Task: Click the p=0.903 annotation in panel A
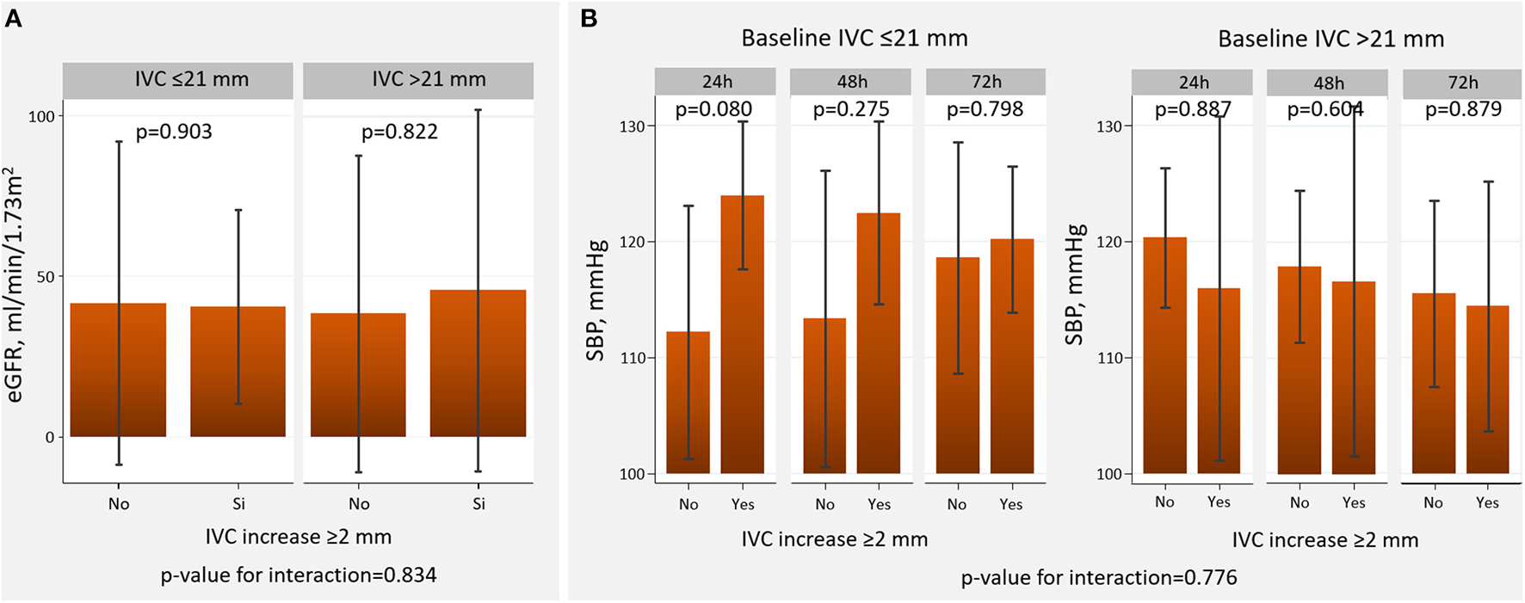click(174, 132)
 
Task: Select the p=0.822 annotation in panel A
click(399, 132)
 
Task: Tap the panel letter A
click(14, 19)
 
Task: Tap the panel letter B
click(589, 18)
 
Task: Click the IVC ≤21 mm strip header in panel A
click(178, 80)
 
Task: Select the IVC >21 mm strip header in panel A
click(418, 80)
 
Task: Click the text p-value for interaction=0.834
click(299, 575)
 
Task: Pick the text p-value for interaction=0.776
click(1099, 577)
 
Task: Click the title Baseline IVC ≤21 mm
click(855, 39)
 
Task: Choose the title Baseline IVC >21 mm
click(1331, 39)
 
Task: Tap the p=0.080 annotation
click(713, 109)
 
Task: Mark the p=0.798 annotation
click(985, 109)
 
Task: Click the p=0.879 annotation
click(1463, 109)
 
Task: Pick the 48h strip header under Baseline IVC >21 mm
click(1328, 83)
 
